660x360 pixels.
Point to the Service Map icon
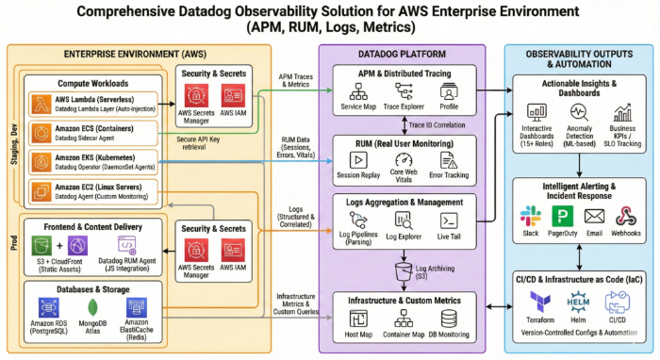click(x=358, y=91)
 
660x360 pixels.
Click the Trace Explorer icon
click(x=404, y=91)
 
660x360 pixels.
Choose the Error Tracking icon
click(x=449, y=160)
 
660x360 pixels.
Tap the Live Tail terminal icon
click(x=450, y=221)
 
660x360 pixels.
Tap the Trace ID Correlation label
click(x=439, y=124)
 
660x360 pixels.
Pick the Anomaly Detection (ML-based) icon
click(x=578, y=113)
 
